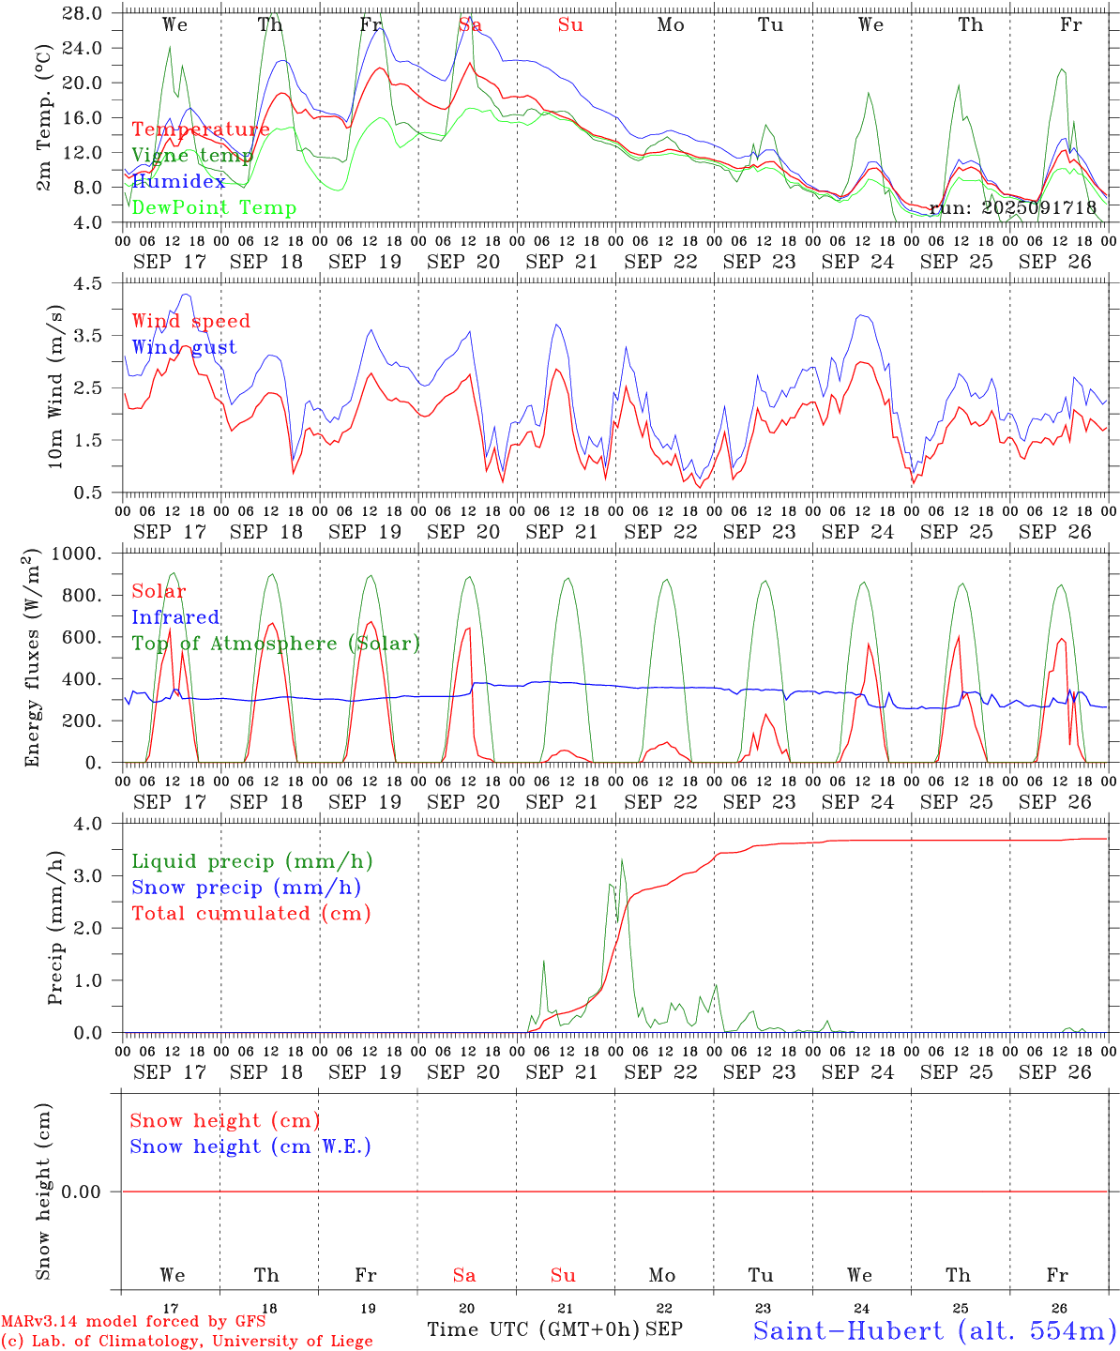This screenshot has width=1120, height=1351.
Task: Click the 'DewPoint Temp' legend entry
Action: coord(214,208)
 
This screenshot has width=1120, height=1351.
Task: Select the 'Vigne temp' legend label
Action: coord(192,156)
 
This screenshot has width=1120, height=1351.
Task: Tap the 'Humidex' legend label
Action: coord(178,182)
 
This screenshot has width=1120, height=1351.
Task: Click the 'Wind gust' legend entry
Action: coord(184,347)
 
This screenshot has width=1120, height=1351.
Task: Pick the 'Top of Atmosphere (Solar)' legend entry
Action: coord(276,644)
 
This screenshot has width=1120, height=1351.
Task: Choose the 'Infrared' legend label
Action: coord(175,617)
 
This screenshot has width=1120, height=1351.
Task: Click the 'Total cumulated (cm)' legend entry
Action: coord(250,914)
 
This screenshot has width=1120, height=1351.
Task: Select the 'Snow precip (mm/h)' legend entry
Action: coord(246,888)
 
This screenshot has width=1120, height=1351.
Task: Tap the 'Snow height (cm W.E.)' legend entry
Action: coord(250,1146)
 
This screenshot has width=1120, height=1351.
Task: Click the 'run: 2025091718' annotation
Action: coord(1013,208)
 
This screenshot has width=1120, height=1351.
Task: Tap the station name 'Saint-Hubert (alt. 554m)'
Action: coord(934,1329)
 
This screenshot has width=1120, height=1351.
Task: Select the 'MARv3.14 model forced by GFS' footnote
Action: coord(133,1322)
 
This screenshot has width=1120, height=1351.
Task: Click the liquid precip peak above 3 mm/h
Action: coord(621,859)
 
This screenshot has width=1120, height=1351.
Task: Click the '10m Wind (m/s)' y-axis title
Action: coord(55,387)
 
